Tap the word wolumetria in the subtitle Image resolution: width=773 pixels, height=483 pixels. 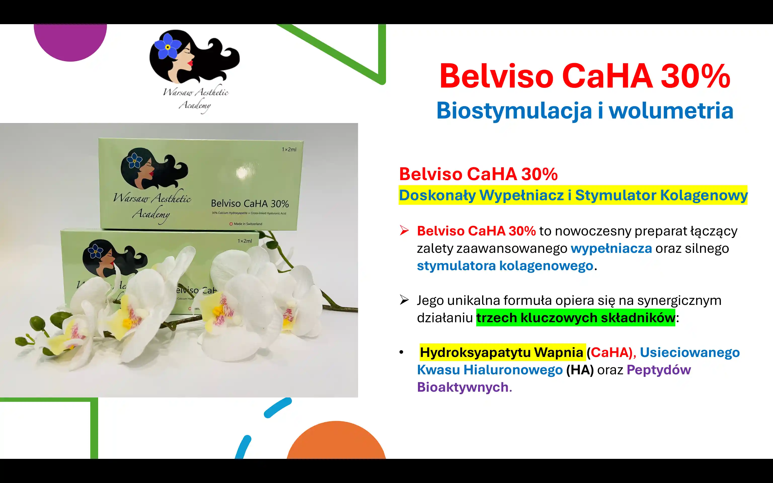point(671,110)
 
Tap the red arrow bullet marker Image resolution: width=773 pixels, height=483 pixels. point(404,230)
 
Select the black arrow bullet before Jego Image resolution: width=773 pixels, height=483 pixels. point(404,300)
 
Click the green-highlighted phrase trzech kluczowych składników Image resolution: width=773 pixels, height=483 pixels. point(575,318)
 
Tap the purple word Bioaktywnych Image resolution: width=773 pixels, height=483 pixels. point(463,387)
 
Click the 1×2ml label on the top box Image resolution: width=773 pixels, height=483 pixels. point(289,149)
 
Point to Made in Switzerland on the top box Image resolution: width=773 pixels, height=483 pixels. point(246,224)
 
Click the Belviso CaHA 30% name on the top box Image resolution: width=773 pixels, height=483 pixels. point(250,204)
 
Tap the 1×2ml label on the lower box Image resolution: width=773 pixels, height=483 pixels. point(245,241)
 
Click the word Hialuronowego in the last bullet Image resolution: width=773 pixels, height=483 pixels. point(513,370)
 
